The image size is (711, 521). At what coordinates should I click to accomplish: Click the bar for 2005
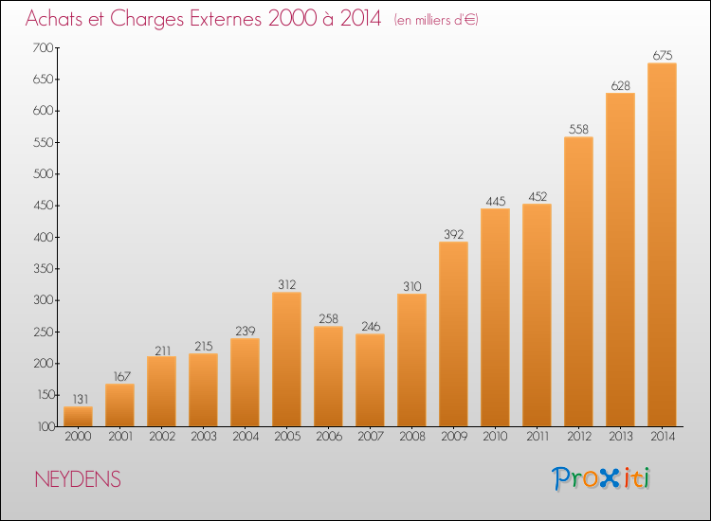[x=286, y=359]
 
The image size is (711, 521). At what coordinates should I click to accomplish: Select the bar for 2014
[x=662, y=244]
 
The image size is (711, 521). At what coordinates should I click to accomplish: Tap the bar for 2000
[x=78, y=417]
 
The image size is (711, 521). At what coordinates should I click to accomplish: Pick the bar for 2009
[x=453, y=333]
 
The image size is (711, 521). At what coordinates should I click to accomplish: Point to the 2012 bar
[x=578, y=281]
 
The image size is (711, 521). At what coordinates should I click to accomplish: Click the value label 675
[x=663, y=55]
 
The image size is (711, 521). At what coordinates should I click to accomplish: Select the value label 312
[x=287, y=284]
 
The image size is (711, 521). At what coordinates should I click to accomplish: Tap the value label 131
[x=81, y=399]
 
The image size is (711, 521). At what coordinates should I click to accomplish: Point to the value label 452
[x=538, y=197]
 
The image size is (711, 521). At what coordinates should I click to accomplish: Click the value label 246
[x=371, y=326]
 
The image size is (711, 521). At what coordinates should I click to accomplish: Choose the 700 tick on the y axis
[x=43, y=47]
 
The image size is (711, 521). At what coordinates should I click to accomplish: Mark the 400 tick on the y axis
[x=43, y=237]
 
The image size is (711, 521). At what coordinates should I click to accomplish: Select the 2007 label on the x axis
[x=371, y=437]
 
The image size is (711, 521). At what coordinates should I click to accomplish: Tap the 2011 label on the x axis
[x=538, y=437]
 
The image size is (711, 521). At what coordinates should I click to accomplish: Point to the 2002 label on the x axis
[x=162, y=437]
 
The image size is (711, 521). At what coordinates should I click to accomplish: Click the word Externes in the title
[x=226, y=18]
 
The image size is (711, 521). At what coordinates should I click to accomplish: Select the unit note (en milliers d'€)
[x=436, y=20]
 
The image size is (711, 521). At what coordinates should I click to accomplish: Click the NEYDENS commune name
[x=78, y=479]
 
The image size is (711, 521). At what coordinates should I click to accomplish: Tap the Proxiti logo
[x=601, y=478]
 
